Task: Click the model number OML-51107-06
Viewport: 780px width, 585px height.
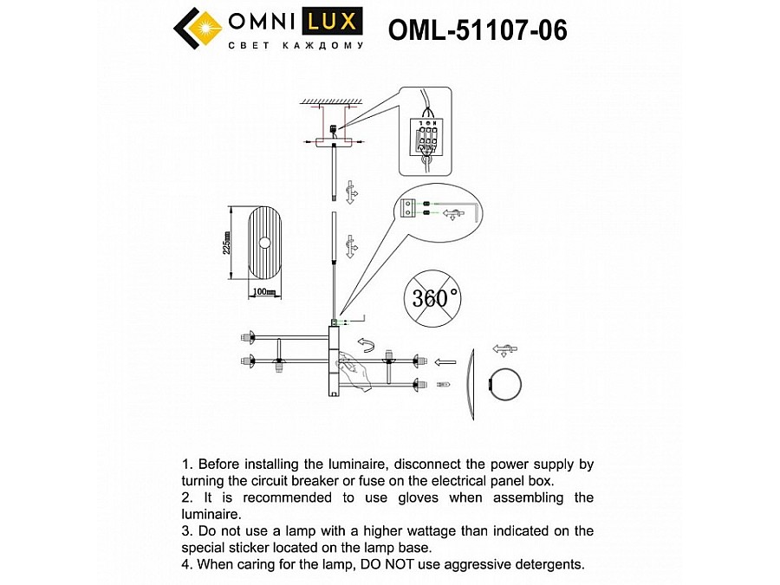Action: click(x=478, y=30)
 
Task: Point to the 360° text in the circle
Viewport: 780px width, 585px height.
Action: click(x=437, y=298)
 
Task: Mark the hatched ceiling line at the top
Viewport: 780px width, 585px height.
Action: click(x=330, y=101)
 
